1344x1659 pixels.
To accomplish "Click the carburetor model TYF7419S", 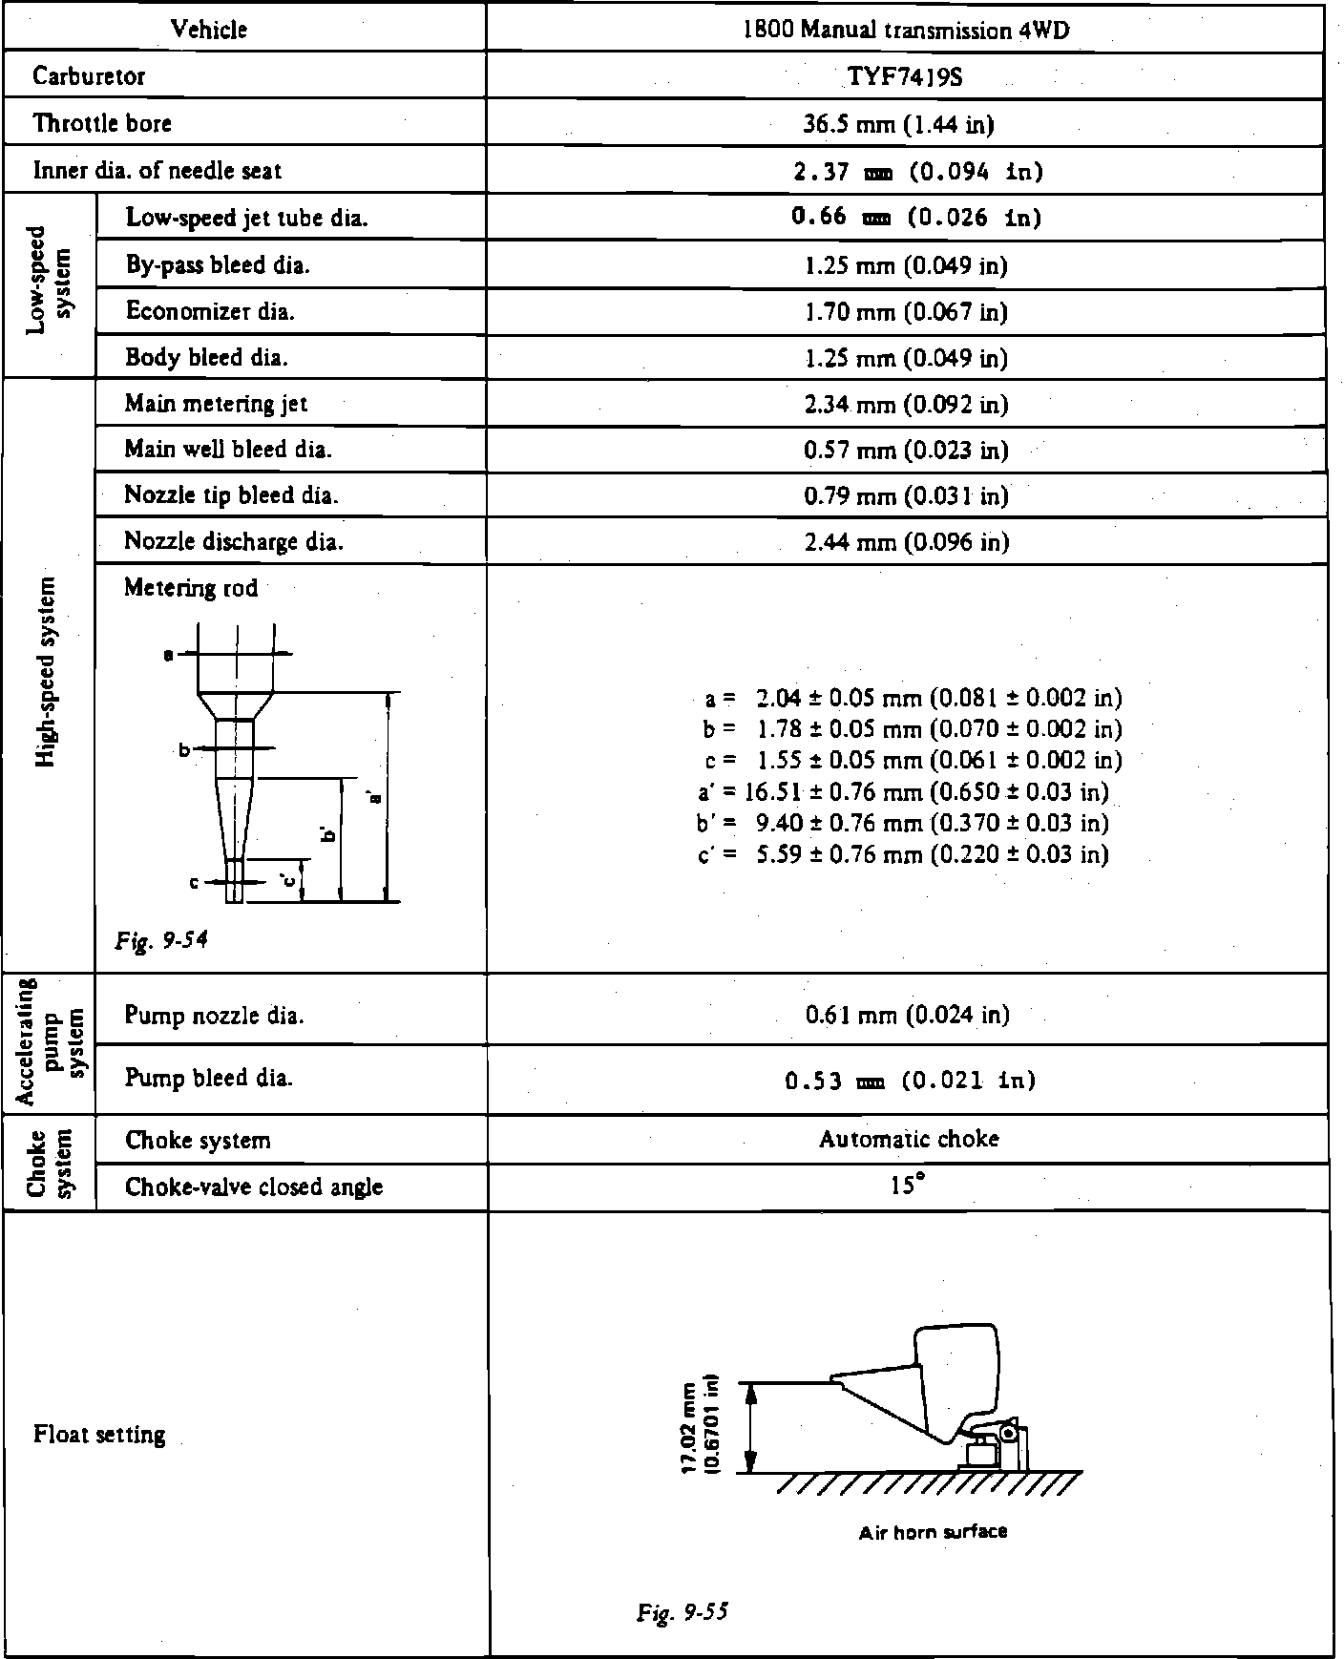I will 904,76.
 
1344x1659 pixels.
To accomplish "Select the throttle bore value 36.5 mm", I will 904,123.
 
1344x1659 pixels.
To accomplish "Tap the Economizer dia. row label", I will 210,311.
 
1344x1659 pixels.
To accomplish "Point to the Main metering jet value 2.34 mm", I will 905,404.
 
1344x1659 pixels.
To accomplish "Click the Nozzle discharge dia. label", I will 234,541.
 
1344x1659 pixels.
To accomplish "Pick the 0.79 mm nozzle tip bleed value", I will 905,495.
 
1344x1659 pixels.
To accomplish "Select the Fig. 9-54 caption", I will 161,940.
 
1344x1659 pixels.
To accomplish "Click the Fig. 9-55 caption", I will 682,1612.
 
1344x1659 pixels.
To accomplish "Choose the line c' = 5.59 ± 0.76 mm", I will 903,853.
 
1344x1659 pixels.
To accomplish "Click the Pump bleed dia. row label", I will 208,1078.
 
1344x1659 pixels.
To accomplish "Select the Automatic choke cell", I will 908,1139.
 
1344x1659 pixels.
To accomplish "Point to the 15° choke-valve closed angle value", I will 908,1186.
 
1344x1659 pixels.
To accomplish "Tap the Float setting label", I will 99,1434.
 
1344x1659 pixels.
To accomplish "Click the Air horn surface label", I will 933,1532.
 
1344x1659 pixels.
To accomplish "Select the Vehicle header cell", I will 209,30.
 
